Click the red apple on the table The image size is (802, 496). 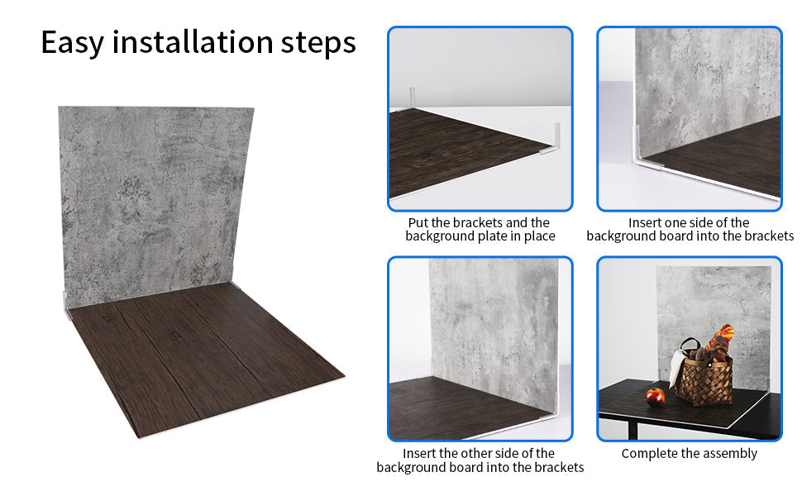[x=655, y=397]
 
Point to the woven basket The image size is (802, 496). [x=704, y=380]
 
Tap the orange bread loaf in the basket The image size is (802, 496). [x=722, y=339]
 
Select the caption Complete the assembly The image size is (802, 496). [x=689, y=453]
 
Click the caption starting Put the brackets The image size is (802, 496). [x=480, y=229]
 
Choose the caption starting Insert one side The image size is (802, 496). [x=689, y=229]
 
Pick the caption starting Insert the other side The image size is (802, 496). [x=480, y=460]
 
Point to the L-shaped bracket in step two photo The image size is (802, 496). [x=639, y=149]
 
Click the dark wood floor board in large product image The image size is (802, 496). [x=198, y=355]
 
